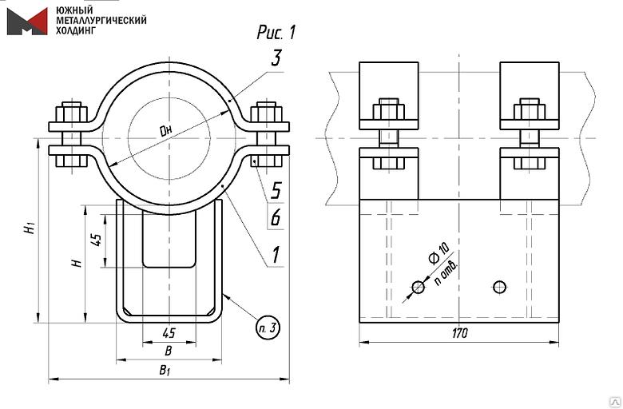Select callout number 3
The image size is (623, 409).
(276, 58)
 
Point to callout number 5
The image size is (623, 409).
(276, 190)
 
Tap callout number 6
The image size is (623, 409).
(276, 216)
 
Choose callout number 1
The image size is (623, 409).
(276, 255)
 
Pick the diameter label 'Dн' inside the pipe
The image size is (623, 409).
(166, 129)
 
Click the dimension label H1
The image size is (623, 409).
(30, 227)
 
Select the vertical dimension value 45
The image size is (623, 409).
(97, 240)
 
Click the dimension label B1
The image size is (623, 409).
(165, 370)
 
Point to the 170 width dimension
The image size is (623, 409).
(458, 332)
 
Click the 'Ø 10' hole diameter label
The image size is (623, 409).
(438, 258)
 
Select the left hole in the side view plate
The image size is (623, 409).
(418, 287)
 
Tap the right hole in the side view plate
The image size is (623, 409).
(500, 286)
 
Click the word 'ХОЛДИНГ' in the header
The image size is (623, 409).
(77, 30)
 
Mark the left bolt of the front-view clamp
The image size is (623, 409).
(72, 136)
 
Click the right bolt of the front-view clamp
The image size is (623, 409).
(266, 136)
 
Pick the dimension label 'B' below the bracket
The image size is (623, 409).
(167, 351)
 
